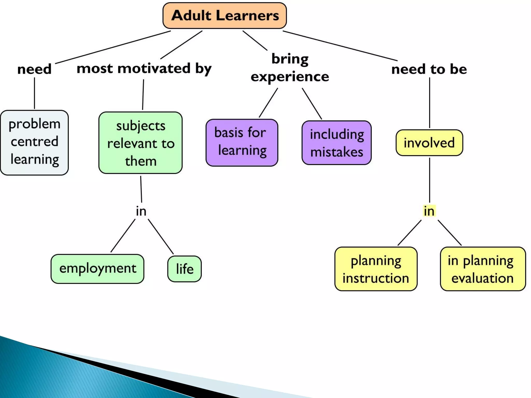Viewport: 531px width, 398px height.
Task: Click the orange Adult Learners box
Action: tap(225, 16)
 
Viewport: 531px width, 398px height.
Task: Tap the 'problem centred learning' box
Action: tap(34, 143)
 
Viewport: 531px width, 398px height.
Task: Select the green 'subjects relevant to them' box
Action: tap(141, 143)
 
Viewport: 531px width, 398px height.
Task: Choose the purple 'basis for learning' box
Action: tap(242, 143)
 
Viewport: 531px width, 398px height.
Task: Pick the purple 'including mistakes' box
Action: tap(337, 143)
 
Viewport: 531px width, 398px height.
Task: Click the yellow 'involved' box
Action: tap(429, 143)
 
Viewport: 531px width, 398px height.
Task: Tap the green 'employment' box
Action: tap(97, 269)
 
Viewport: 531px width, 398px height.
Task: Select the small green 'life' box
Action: tap(184, 269)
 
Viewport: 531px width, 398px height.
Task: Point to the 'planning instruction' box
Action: tap(376, 269)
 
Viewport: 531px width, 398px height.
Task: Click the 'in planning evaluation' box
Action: tap(483, 269)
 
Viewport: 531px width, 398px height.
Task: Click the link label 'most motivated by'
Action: tap(144, 69)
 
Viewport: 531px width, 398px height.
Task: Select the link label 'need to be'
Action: tap(429, 69)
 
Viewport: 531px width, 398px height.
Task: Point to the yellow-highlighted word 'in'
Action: tap(429, 211)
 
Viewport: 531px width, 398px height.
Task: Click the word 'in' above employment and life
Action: tap(141, 211)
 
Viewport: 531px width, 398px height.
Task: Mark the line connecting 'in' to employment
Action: tap(123, 236)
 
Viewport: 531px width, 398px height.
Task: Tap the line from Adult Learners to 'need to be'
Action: tap(340, 46)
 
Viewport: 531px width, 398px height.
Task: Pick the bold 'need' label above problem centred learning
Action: tap(34, 69)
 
